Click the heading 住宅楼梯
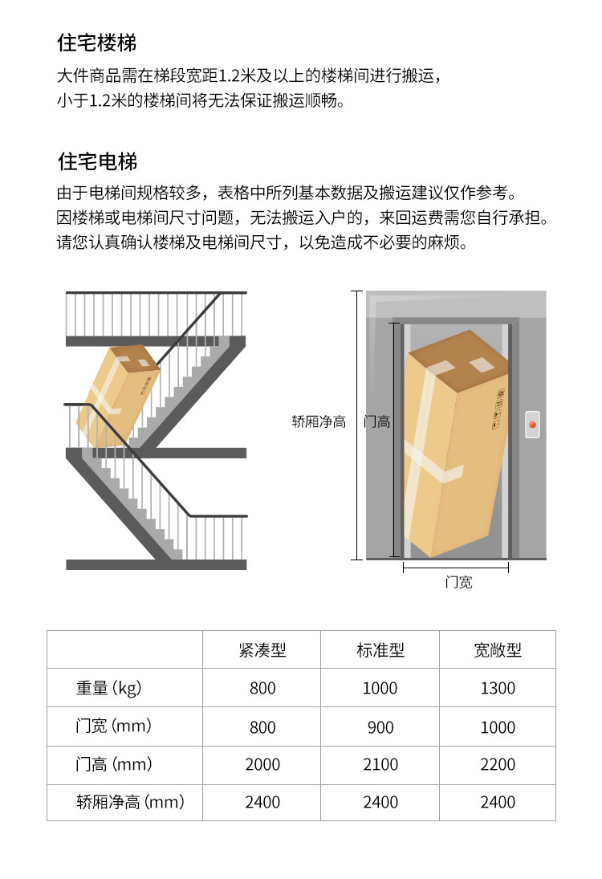(96, 43)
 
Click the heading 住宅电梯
(96, 161)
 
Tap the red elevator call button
(531, 423)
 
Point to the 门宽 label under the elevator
(458, 582)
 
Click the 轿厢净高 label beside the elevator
(319, 421)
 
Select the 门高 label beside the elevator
(376, 421)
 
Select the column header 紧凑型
(262, 650)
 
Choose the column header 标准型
(380, 650)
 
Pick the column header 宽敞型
(498, 650)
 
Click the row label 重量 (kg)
(108, 688)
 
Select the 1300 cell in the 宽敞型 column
(498, 688)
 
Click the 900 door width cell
(380, 727)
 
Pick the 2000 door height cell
(262, 764)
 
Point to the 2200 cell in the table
(498, 764)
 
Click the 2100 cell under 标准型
(380, 764)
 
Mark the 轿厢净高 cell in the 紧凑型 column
(262, 802)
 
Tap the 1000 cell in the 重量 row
(380, 688)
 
